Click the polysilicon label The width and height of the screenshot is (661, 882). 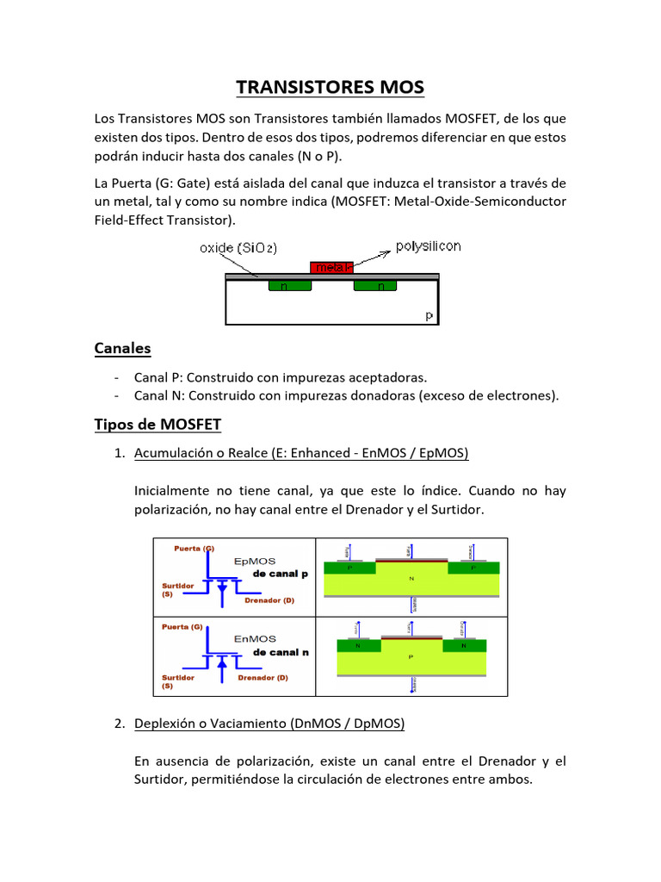[428, 246]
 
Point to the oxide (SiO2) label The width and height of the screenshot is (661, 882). [238, 248]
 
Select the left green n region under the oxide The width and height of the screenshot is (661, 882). [289, 285]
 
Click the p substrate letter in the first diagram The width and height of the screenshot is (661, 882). [429, 316]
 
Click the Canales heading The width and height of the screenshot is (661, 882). [122, 348]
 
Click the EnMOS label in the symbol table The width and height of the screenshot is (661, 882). [255, 638]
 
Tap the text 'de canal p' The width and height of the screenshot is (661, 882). [281, 573]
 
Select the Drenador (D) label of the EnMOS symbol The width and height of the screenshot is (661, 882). [263, 678]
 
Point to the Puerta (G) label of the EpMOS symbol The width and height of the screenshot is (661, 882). [194, 548]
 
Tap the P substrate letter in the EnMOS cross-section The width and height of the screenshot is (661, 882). [411, 656]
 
